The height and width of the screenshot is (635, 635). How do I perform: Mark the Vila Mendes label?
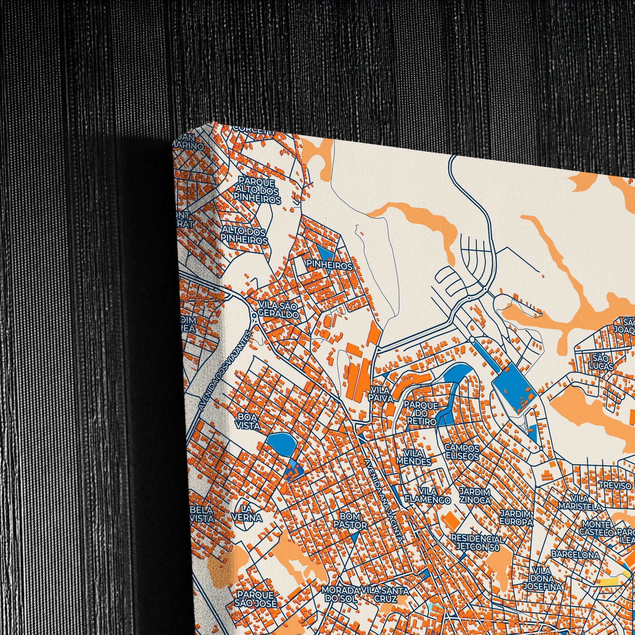[413, 457]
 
